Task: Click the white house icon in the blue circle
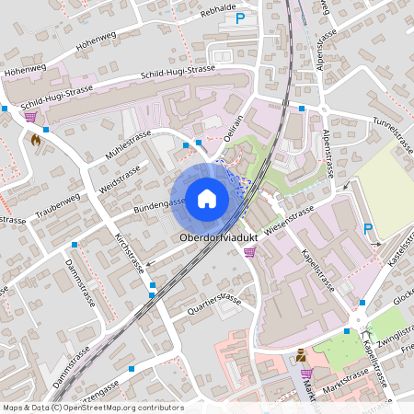tap(206, 198)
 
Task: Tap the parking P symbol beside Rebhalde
tap(241, 17)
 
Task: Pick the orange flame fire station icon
tap(35, 141)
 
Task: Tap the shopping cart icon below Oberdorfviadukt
tap(248, 251)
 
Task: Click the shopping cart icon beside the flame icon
tap(30, 116)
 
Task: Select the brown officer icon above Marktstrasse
tap(301, 355)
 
